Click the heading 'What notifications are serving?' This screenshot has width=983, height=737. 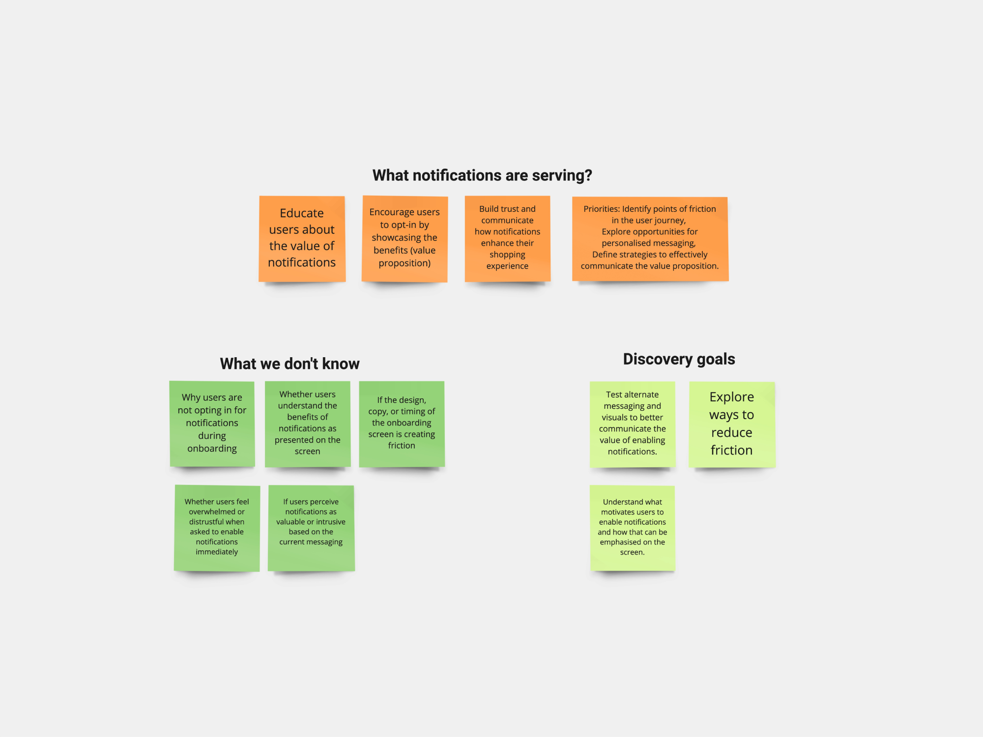click(x=482, y=175)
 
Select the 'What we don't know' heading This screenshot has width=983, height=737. click(x=289, y=364)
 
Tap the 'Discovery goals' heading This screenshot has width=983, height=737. click(x=679, y=359)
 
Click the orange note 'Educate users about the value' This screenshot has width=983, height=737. click(x=302, y=239)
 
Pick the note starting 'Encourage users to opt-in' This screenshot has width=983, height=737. click(x=405, y=239)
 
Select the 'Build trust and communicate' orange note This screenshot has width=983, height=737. click(x=507, y=239)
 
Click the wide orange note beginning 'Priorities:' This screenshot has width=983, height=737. click(x=650, y=239)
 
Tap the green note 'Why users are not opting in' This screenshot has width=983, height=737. click(x=212, y=424)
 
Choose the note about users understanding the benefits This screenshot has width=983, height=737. click(x=307, y=424)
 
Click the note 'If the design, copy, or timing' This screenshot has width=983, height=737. click(x=402, y=424)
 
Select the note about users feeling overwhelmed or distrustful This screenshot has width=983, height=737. click(x=217, y=528)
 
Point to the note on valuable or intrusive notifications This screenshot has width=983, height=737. click(x=311, y=528)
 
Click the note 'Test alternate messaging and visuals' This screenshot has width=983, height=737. click(x=632, y=424)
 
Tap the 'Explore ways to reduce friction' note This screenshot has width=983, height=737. click(x=731, y=424)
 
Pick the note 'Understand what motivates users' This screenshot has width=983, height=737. click(x=632, y=528)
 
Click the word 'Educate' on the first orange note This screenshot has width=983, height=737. click(x=302, y=213)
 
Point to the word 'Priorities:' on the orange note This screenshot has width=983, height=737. click(x=602, y=209)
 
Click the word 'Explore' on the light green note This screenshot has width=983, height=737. click(x=731, y=397)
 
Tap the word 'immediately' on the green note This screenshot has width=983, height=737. click(x=217, y=552)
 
